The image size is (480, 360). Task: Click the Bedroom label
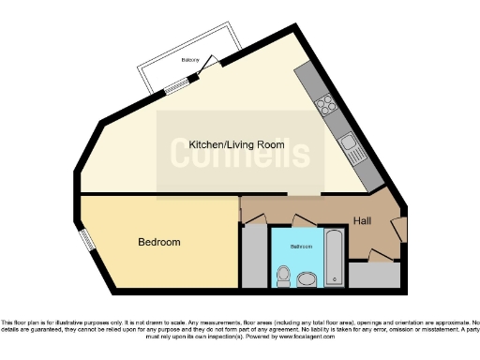(158, 242)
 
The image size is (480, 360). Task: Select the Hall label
(366, 221)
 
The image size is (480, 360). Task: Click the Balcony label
(190, 59)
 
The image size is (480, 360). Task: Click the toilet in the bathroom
(283, 274)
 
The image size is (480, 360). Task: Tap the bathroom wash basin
(307, 279)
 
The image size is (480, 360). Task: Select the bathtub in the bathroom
(334, 258)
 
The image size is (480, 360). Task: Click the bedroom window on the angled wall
(86, 240)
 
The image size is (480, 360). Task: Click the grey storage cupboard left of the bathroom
(254, 257)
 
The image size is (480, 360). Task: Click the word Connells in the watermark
(239, 154)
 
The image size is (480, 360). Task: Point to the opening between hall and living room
(304, 195)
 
